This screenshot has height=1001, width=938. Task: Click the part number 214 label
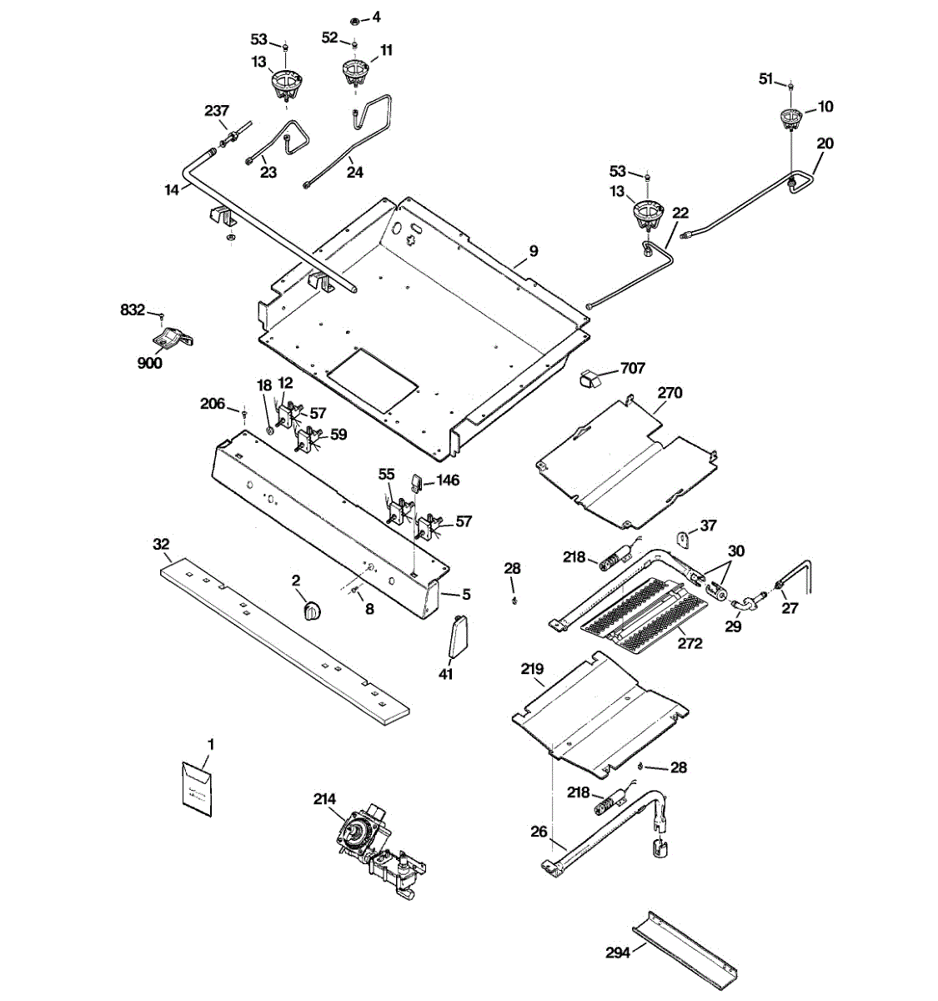(325, 798)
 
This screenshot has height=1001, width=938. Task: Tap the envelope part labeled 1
(198, 786)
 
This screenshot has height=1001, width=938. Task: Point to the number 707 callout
(633, 368)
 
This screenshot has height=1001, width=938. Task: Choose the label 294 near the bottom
(618, 952)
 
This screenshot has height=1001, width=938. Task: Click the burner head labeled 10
(790, 118)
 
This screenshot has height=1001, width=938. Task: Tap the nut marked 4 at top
(354, 19)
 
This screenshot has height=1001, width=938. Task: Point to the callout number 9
(534, 250)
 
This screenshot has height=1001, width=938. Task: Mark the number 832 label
(133, 309)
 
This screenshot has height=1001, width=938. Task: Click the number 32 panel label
(162, 544)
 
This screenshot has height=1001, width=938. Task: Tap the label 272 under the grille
(690, 643)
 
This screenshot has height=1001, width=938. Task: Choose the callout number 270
(670, 392)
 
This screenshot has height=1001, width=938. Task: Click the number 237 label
(218, 111)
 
